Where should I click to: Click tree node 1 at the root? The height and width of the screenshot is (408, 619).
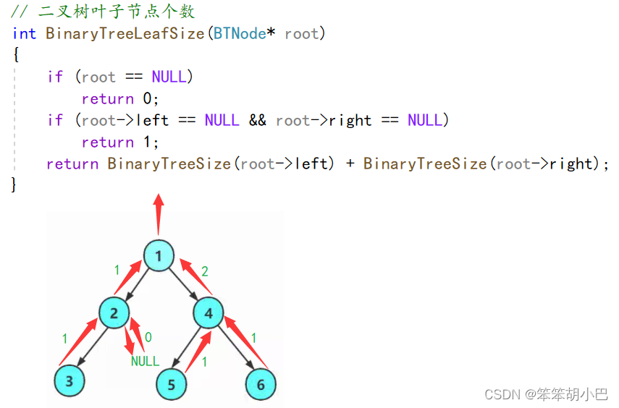point(159,255)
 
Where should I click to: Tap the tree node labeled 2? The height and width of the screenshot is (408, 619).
point(114,313)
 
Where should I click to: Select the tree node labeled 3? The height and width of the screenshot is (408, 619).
point(70,382)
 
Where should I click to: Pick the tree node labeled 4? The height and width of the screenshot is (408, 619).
point(209,313)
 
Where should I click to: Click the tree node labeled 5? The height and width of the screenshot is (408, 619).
point(172,384)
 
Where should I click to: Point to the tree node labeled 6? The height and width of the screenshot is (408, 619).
point(261,384)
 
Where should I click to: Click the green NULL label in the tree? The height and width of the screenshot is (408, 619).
point(145,360)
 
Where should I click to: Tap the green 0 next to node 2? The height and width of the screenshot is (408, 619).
point(148,337)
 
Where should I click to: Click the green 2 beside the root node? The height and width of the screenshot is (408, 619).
point(205,271)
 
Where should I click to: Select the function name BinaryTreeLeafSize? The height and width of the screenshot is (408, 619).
point(125,34)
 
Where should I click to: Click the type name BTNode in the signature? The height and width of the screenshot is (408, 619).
point(239,34)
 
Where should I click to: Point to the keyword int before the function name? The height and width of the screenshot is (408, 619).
point(25,34)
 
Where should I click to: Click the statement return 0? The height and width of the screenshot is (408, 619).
point(119,99)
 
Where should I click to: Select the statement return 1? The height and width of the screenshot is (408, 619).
point(119,143)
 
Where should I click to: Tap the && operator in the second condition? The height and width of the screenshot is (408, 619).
point(257,120)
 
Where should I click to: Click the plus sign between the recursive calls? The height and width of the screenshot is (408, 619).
point(350,164)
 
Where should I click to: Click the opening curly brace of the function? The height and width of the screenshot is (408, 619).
point(16,55)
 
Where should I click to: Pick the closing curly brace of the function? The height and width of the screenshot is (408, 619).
point(14,185)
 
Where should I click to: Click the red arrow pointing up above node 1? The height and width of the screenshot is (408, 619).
point(159,213)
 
